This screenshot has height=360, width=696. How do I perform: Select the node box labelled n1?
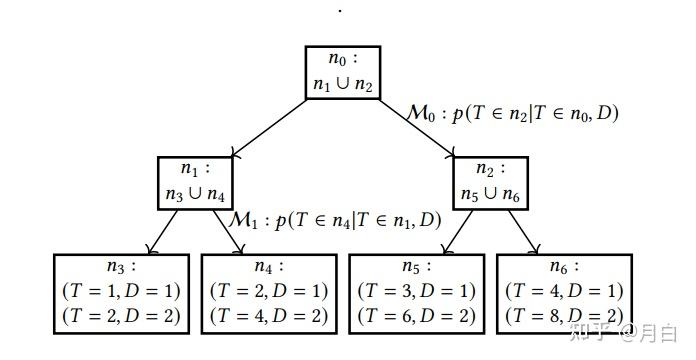[195, 180]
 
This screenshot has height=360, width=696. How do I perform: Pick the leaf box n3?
[121, 292]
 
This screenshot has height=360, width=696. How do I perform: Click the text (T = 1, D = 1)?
[121, 291]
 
